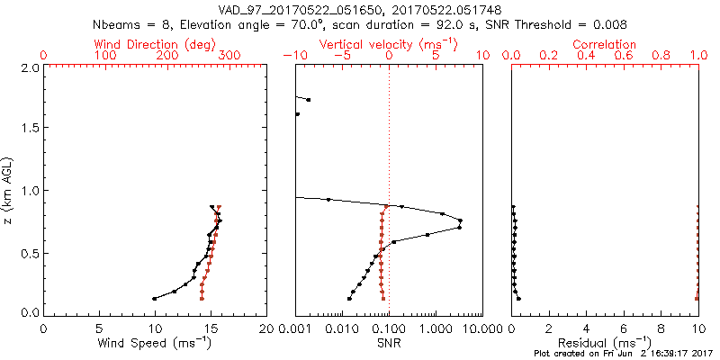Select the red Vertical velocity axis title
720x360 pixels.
[388, 44]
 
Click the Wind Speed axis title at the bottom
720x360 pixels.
[155, 343]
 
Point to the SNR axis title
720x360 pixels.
[388, 343]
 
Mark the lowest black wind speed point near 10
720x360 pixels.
[155, 298]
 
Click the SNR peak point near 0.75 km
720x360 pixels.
[461, 220]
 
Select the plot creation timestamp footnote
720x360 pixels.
[622, 354]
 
